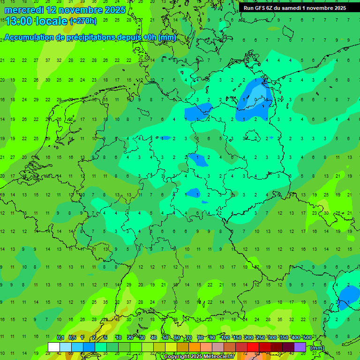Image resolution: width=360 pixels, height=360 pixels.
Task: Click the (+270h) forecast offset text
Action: (x=83, y=21)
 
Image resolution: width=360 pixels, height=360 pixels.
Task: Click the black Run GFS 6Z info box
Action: (x=294, y=8)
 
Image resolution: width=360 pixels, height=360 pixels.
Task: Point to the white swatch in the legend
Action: (x=54, y=347)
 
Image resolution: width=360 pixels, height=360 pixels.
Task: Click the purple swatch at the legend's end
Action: (x=300, y=347)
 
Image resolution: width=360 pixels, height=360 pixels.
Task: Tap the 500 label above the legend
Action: (x=307, y=338)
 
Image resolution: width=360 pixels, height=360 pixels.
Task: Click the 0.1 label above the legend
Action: (x=60, y=338)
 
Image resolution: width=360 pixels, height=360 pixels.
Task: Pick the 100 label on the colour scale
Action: (x=225, y=338)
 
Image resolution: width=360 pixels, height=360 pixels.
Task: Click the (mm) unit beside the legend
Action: (x=317, y=348)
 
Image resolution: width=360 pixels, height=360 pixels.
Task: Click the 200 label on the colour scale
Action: (x=248, y=338)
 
